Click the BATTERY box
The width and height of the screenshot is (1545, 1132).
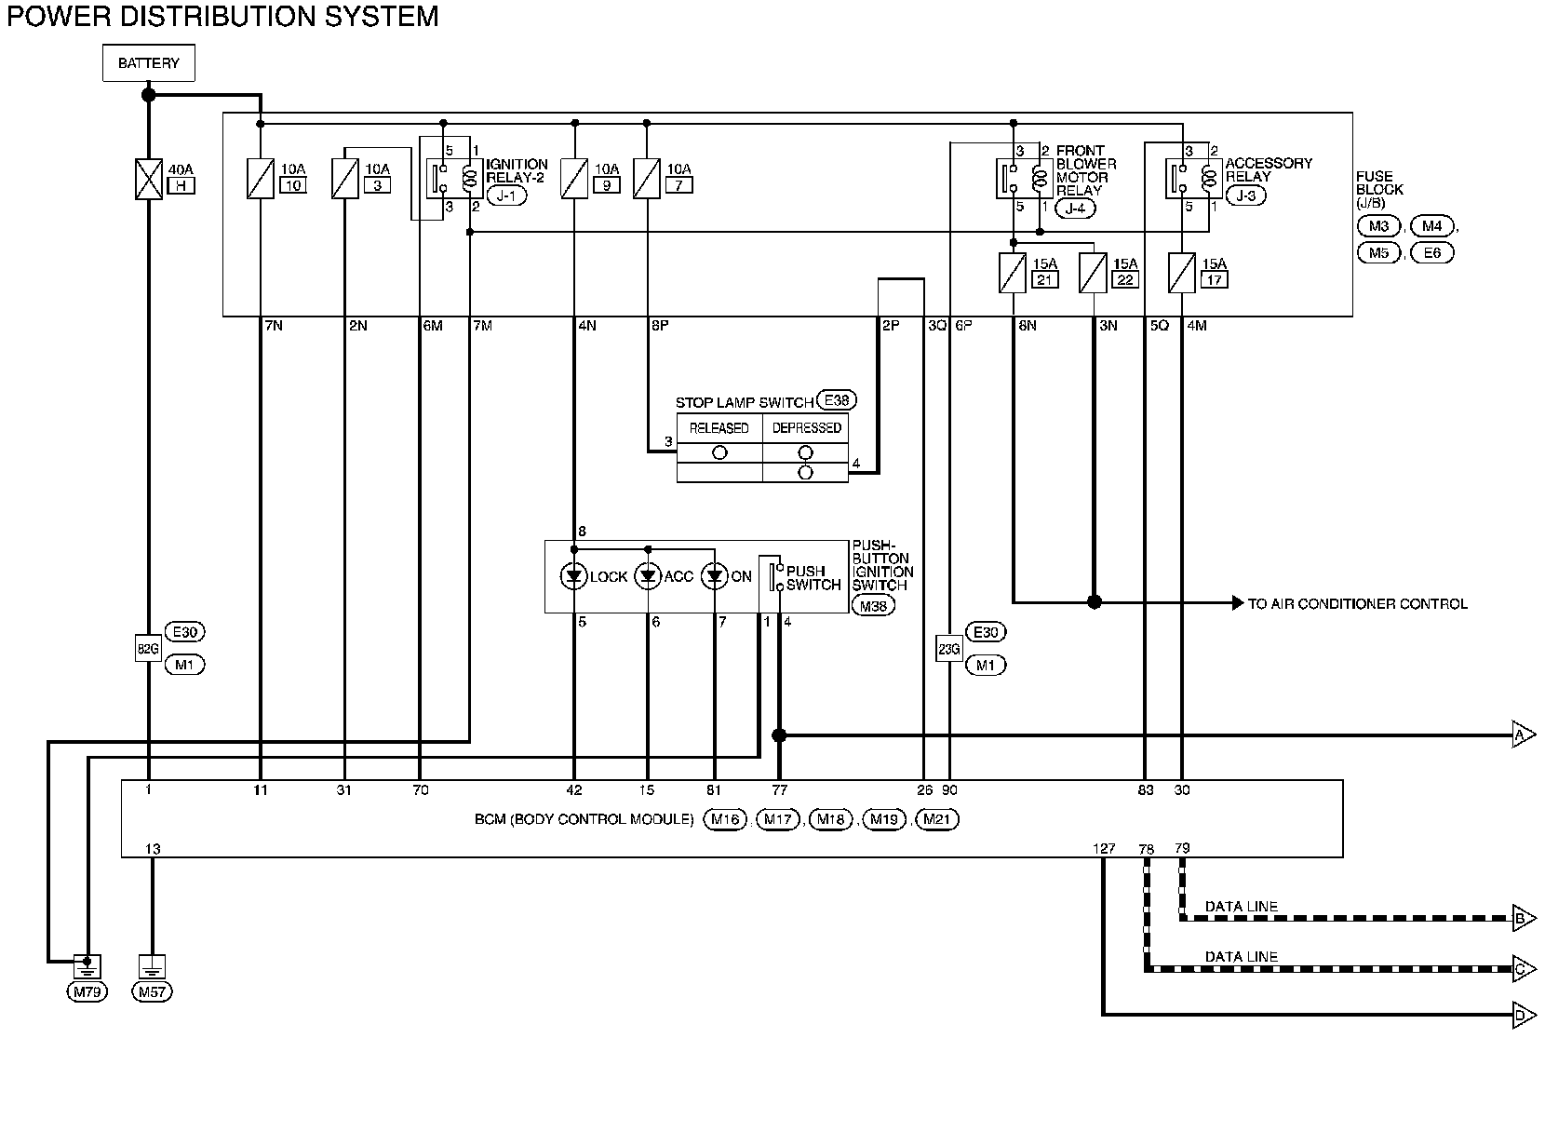(148, 62)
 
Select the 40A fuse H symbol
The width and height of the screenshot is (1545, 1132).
(148, 180)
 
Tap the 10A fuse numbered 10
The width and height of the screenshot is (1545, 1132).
(260, 179)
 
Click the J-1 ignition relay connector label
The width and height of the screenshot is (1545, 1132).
(506, 195)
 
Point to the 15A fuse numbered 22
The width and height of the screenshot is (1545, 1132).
(1093, 273)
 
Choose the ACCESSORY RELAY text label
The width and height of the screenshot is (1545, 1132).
(1269, 169)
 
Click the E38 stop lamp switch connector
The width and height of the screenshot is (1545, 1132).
(837, 400)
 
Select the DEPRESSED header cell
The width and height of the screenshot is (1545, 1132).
(806, 427)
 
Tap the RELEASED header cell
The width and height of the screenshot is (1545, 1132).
(719, 427)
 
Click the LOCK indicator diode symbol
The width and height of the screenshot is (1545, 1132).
(574, 576)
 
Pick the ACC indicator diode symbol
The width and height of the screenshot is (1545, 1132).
(648, 576)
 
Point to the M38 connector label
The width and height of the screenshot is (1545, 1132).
(873, 606)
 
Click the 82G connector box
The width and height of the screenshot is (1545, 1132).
(148, 649)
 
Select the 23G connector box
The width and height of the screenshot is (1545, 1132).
(949, 649)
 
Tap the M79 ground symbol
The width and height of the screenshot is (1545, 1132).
(87, 967)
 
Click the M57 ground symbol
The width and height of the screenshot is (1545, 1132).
(152, 967)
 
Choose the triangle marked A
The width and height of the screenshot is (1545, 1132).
(1524, 735)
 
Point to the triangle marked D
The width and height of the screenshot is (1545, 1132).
(1524, 1016)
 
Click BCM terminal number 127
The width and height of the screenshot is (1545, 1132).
(1104, 848)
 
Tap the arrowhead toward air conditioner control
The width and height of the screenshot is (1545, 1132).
(1237, 603)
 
